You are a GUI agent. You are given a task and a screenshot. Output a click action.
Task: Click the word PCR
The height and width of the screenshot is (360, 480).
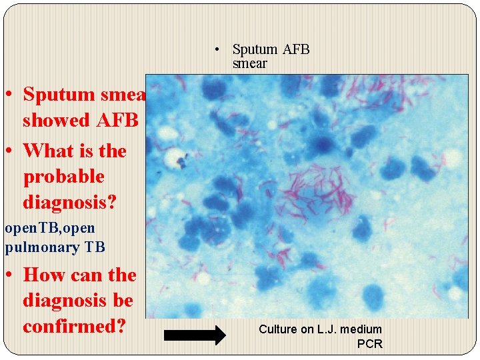[x=369, y=344]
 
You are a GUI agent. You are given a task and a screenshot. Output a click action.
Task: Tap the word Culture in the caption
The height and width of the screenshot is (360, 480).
[x=277, y=329]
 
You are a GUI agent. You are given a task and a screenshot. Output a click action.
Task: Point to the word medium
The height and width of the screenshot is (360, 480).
[x=361, y=329]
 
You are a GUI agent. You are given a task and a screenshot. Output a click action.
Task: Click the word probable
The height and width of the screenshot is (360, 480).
[x=63, y=177]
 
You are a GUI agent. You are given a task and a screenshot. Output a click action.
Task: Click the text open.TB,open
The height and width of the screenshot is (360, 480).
[x=49, y=228]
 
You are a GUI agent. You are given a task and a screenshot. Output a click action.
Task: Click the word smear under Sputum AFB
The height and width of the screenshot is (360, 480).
[x=249, y=64]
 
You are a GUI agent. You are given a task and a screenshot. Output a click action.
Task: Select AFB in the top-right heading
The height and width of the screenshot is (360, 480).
[x=296, y=49]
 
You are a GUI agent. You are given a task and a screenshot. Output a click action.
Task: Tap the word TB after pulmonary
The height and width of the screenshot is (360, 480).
[x=94, y=247]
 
